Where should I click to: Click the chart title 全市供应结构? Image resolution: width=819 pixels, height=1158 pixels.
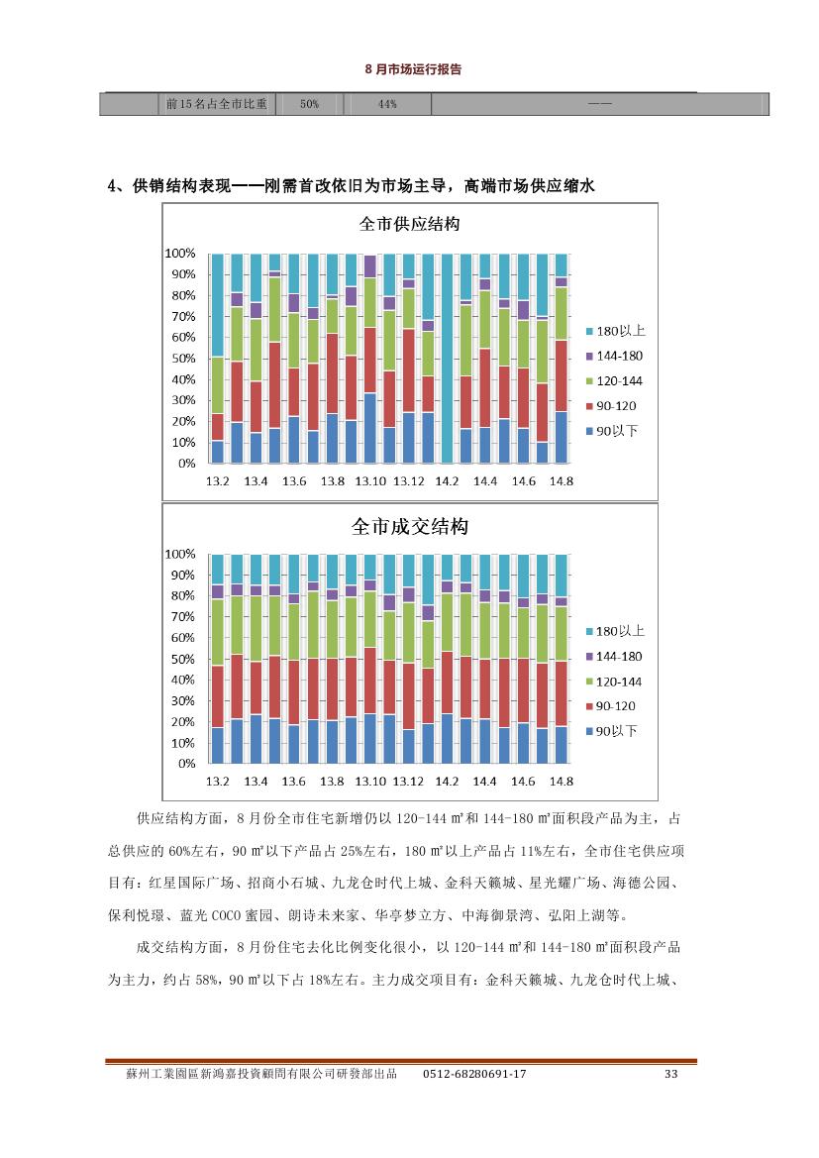[x=409, y=224]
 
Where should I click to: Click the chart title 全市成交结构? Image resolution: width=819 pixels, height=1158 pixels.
[x=410, y=527]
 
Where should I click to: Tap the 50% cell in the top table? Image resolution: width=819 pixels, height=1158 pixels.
[x=309, y=104]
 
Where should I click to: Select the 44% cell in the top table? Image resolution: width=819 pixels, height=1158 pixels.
[x=388, y=104]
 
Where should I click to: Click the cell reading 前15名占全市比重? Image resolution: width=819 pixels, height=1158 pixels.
[x=216, y=104]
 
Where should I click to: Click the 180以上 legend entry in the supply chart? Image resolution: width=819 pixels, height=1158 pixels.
[x=616, y=331]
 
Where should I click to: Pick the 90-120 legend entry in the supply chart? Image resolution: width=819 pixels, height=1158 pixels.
[x=611, y=406]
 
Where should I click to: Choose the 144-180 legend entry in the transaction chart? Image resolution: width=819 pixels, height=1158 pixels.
[x=614, y=657]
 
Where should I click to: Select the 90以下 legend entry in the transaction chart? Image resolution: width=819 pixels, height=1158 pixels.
[x=611, y=731]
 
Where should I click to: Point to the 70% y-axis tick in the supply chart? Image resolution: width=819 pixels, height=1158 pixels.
[x=184, y=316]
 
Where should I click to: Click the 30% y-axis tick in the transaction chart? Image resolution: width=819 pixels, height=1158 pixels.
[x=184, y=701]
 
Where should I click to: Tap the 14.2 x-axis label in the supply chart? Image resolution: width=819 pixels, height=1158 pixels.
[x=447, y=481]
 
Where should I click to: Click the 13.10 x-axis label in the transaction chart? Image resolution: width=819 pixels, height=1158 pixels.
[x=370, y=782]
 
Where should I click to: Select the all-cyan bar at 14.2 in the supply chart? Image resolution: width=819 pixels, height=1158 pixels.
[x=447, y=359]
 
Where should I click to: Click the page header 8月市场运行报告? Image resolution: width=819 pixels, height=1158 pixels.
[x=413, y=69]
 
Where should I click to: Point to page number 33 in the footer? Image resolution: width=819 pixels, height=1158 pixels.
[x=670, y=1074]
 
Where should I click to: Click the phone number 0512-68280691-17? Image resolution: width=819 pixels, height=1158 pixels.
[x=474, y=1074]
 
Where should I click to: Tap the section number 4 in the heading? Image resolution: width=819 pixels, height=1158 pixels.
[x=112, y=186]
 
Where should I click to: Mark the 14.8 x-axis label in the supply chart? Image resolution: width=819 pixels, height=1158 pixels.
[x=562, y=481]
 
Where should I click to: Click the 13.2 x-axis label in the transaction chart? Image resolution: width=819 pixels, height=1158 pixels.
[x=217, y=782]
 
